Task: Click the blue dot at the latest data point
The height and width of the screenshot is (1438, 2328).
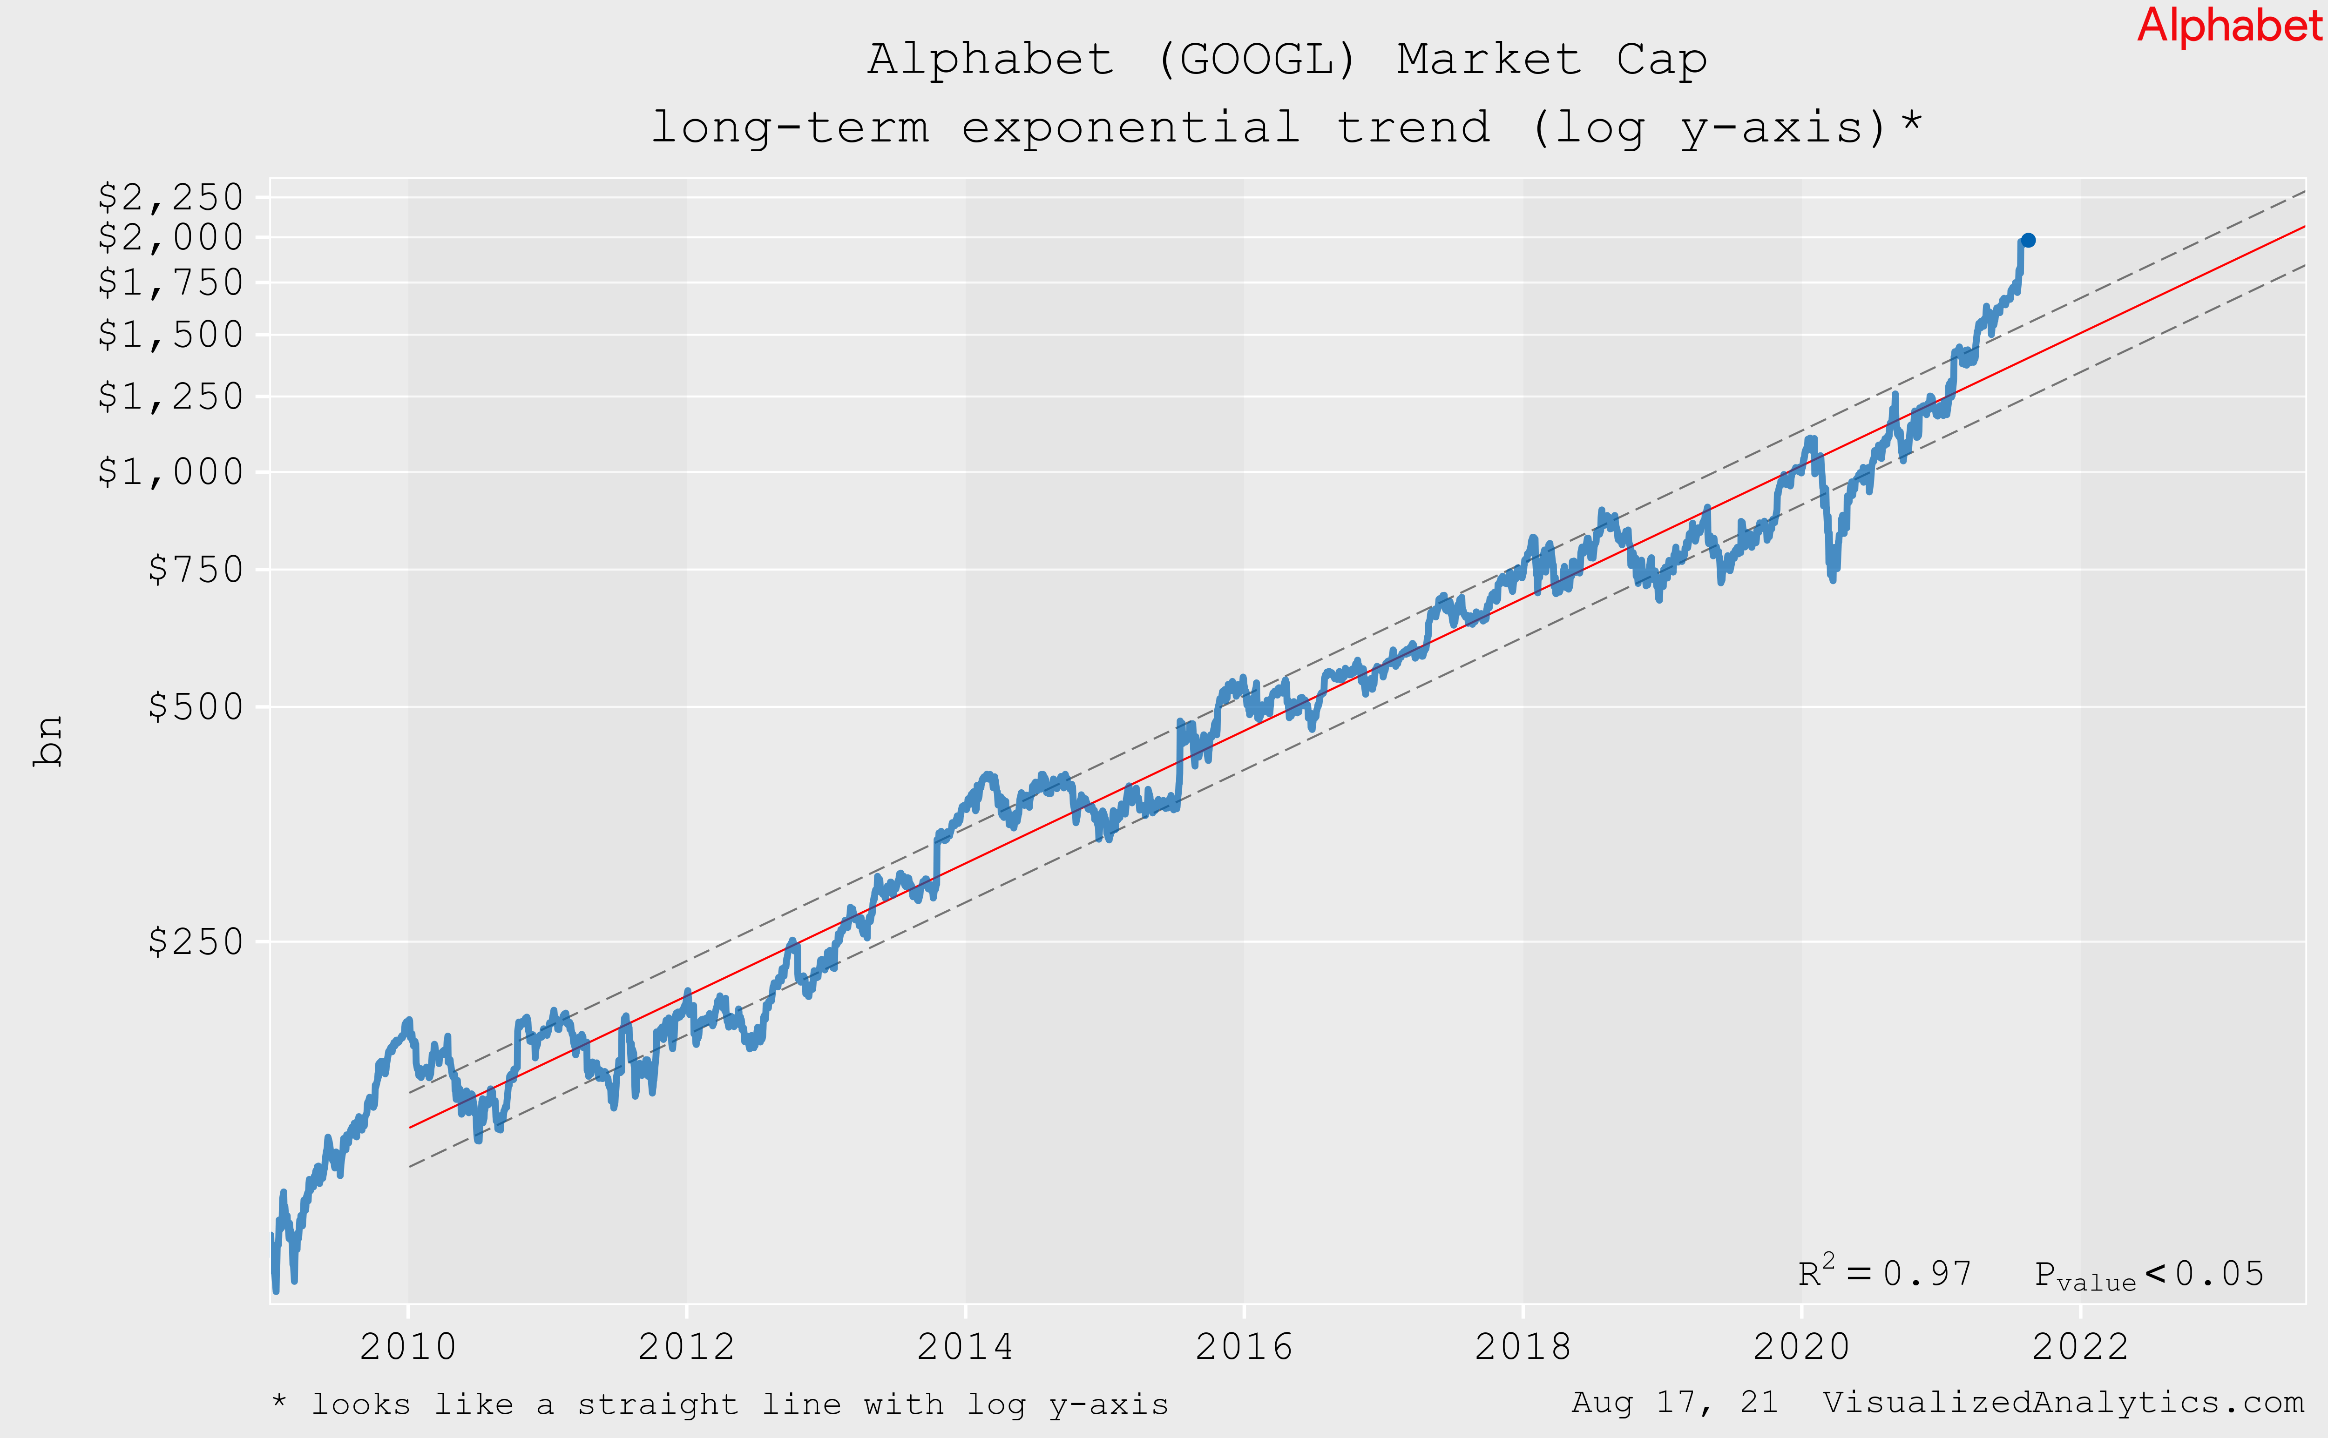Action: click(2027, 241)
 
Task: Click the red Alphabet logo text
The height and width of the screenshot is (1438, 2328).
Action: click(2229, 26)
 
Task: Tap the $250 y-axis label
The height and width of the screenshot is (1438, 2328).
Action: click(195, 941)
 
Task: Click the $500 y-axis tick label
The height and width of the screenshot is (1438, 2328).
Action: click(195, 706)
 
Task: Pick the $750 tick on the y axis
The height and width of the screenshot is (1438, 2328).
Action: click(195, 570)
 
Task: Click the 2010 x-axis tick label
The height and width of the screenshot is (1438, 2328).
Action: click(408, 1347)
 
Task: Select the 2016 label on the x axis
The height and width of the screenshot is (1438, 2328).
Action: click(1244, 1347)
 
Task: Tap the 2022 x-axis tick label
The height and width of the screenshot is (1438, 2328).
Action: click(2080, 1347)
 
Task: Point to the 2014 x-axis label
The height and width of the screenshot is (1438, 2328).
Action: click(965, 1347)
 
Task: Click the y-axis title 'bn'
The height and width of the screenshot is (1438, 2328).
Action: click(47, 741)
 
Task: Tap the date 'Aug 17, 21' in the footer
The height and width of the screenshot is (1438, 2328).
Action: click(1674, 1403)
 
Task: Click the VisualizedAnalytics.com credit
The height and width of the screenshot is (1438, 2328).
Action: click(2063, 1403)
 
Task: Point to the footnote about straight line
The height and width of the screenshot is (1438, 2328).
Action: click(720, 1404)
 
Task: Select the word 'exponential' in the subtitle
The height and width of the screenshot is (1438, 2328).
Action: click(1130, 128)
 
